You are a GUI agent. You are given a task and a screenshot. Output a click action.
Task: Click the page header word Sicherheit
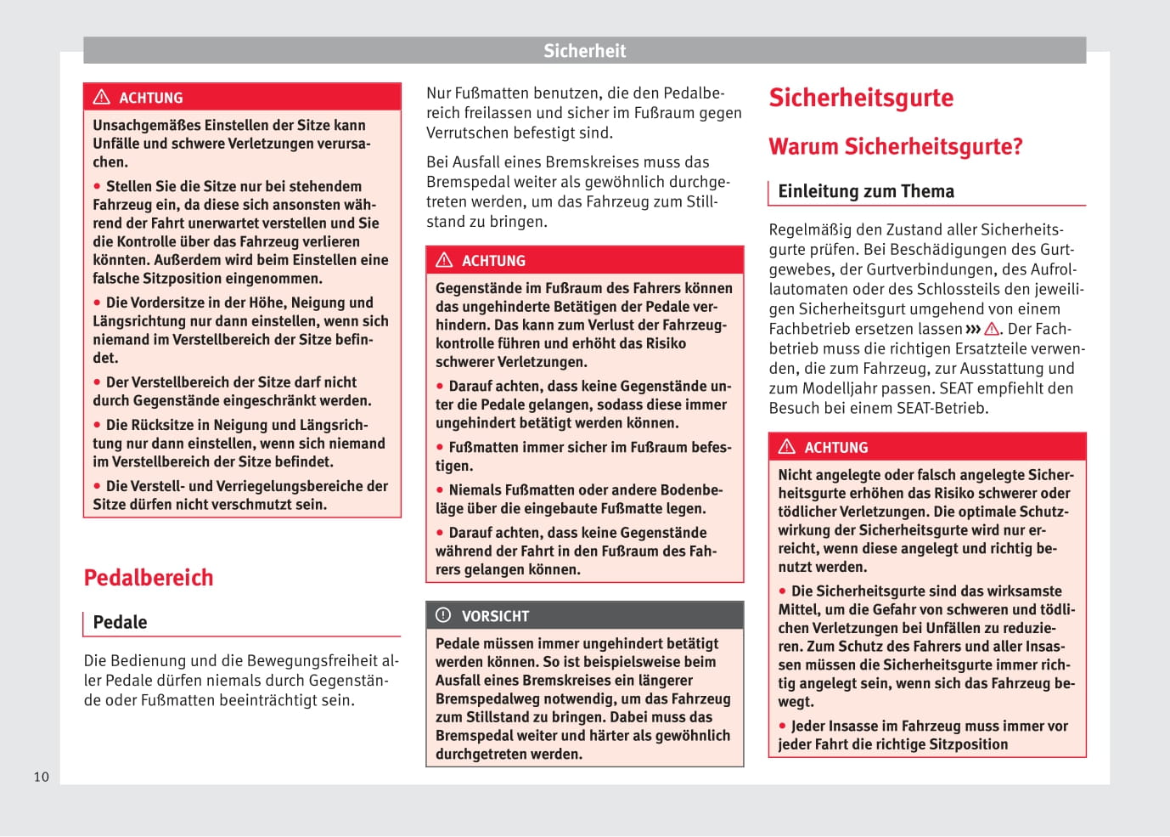click(584, 51)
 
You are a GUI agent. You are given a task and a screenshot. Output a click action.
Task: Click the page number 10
click(42, 777)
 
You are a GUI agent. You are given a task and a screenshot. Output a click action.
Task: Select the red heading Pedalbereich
click(149, 578)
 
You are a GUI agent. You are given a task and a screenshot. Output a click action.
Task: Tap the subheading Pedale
click(120, 622)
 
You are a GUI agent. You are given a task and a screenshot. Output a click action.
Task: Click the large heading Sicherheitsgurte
click(861, 98)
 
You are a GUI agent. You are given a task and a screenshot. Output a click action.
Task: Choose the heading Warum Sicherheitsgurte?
click(895, 146)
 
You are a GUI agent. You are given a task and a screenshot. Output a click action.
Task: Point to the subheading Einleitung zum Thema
click(865, 191)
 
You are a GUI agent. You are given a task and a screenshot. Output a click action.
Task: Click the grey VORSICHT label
click(495, 616)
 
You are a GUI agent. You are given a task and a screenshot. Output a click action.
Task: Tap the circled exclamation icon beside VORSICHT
click(443, 615)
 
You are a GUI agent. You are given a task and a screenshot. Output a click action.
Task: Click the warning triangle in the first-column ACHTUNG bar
click(102, 97)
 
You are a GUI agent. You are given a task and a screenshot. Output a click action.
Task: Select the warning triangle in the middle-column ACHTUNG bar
click(444, 260)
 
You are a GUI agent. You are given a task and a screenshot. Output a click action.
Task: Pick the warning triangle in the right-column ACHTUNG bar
click(787, 447)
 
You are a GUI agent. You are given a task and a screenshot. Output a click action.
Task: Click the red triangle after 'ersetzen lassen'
click(991, 329)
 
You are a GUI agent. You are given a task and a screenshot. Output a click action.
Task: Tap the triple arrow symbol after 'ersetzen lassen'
click(973, 329)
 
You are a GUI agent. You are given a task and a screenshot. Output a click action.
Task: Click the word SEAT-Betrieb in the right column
click(942, 408)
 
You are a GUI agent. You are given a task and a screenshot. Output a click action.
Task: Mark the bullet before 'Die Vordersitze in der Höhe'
click(98, 303)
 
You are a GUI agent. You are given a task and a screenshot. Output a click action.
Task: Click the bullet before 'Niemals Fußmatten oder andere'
click(440, 490)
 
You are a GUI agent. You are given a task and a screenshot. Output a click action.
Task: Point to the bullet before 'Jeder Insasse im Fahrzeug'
click(783, 727)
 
